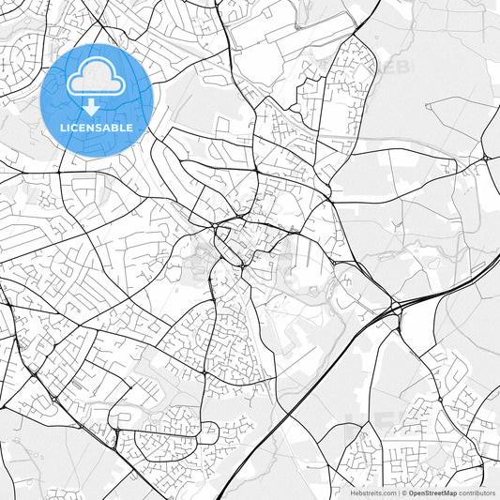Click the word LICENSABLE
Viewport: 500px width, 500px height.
point(97,127)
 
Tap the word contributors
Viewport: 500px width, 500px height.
point(477,492)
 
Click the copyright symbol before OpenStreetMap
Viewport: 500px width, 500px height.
point(403,492)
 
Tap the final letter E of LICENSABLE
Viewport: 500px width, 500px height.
point(129,127)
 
